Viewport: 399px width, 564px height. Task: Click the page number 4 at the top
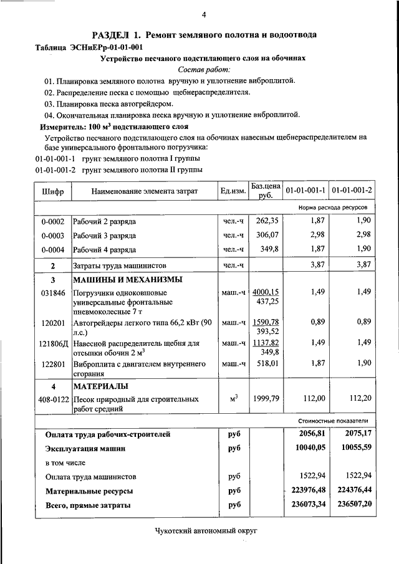pyautogui.click(x=204, y=16)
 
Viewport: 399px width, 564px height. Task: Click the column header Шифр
pyautogui.click(x=53, y=191)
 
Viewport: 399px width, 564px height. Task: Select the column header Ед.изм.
pyautogui.click(x=233, y=191)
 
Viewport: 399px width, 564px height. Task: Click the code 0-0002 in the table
pyautogui.click(x=53, y=221)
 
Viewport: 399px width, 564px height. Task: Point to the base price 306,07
pyautogui.click(x=266, y=236)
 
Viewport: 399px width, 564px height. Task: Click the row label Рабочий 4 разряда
pyautogui.click(x=104, y=250)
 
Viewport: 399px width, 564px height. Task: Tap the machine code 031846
pyautogui.click(x=53, y=293)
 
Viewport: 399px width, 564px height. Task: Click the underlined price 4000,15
pyautogui.click(x=266, y=291)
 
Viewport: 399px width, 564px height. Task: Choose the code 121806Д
pyautogui.click(x=53, y=343)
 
